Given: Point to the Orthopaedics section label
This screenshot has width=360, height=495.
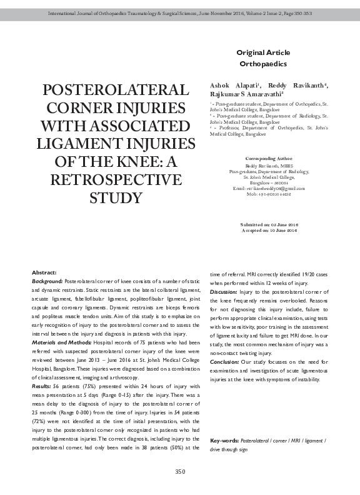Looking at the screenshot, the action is [263, 64].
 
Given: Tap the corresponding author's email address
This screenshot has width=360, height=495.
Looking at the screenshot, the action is [269, 188].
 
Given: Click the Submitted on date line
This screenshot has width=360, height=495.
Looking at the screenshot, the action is [269, 224].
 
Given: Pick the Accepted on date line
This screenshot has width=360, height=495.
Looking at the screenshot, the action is [269, 231].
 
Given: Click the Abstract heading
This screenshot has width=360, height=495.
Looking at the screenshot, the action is [44, 273].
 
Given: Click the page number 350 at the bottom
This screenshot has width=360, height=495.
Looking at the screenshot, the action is [180, 472].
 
